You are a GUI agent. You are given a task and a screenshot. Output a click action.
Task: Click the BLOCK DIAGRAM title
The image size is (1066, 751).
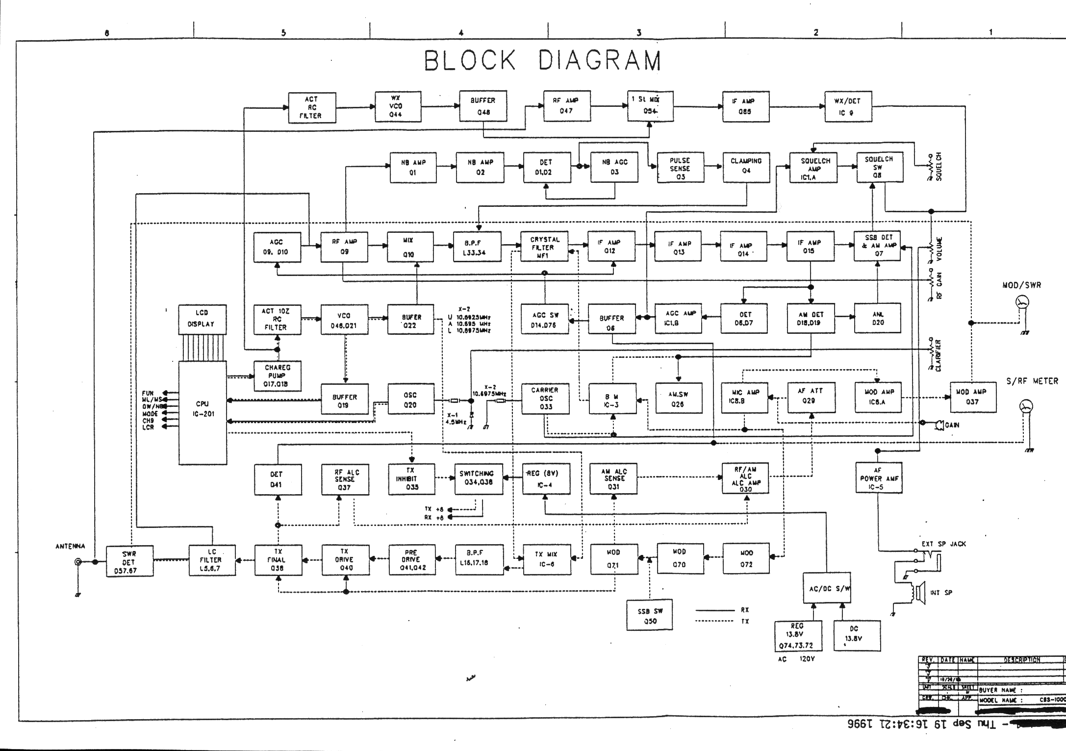click(x=543, y=61)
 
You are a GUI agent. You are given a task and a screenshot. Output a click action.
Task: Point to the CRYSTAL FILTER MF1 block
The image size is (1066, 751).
click(x=545, y=247)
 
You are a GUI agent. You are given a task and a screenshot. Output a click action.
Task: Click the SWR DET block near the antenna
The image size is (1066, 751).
click(x=129, y=562)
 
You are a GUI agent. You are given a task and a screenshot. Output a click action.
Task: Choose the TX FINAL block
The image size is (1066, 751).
click(x=278, y=560)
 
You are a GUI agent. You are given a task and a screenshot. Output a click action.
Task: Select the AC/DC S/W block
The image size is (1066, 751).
click(x=827, y=587)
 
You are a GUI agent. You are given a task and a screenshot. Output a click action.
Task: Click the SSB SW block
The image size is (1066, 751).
click(x=650, y=616)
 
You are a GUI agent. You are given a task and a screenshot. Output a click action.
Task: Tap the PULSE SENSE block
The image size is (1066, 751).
click(x=680, y=168)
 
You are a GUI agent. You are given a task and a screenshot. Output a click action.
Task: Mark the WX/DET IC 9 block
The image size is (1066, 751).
click(x=848, y=106)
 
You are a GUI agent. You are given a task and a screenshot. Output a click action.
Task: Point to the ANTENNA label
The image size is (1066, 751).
click(x=70, y=546)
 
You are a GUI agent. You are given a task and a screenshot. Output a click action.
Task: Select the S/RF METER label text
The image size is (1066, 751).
click(x=1032, y=381)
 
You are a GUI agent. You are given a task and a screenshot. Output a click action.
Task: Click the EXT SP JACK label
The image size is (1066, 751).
click(x=943, y=544)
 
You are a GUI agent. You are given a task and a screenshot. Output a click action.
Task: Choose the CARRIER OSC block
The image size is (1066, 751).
click(x=545, y=398)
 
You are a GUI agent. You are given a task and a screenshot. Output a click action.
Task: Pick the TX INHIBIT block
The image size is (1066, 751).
click(x=411, y=478)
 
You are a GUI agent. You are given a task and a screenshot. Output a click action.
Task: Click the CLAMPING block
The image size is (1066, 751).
click(x=746, y=166)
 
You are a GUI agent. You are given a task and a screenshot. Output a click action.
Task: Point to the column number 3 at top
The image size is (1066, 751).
click(x=638, y=33)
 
